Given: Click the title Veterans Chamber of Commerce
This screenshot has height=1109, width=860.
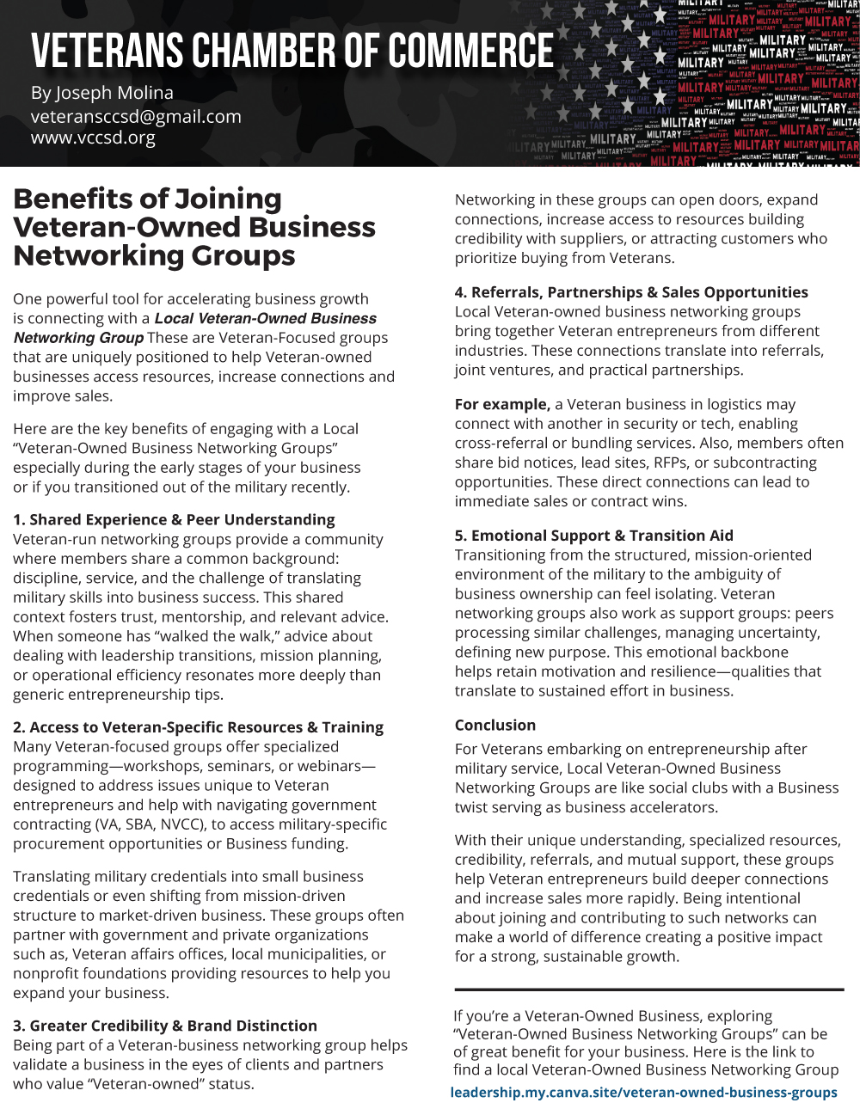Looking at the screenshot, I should tap(292, 52).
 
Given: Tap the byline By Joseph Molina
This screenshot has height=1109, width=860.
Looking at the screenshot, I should tap(102, 93).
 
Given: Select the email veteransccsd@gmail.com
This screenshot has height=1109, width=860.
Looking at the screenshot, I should tap(136, 117).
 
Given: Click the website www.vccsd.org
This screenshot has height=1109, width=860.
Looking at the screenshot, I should tap(93, 138).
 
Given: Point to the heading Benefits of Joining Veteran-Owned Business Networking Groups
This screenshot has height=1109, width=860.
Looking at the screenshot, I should tap(194, 227).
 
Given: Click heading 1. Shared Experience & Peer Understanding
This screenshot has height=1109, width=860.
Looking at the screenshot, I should tap(174, 519).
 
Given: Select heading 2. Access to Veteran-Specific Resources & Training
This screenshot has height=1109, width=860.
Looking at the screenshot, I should tap(198, 727).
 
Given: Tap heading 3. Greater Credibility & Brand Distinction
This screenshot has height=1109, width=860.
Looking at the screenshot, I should tap(165, 1026).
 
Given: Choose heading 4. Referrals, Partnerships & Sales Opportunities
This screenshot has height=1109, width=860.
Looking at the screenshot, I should tap(631, 292).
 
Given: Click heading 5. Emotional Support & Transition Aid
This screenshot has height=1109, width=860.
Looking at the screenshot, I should tap(593, 536).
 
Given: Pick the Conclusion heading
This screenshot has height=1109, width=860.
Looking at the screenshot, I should tap(495, 725).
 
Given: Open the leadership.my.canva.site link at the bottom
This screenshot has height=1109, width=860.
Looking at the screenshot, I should tap(643, 1092).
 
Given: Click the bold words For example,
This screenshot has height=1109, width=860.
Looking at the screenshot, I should tap(502, 404).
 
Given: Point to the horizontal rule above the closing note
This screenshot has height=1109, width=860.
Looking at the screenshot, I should tap(649, 990).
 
